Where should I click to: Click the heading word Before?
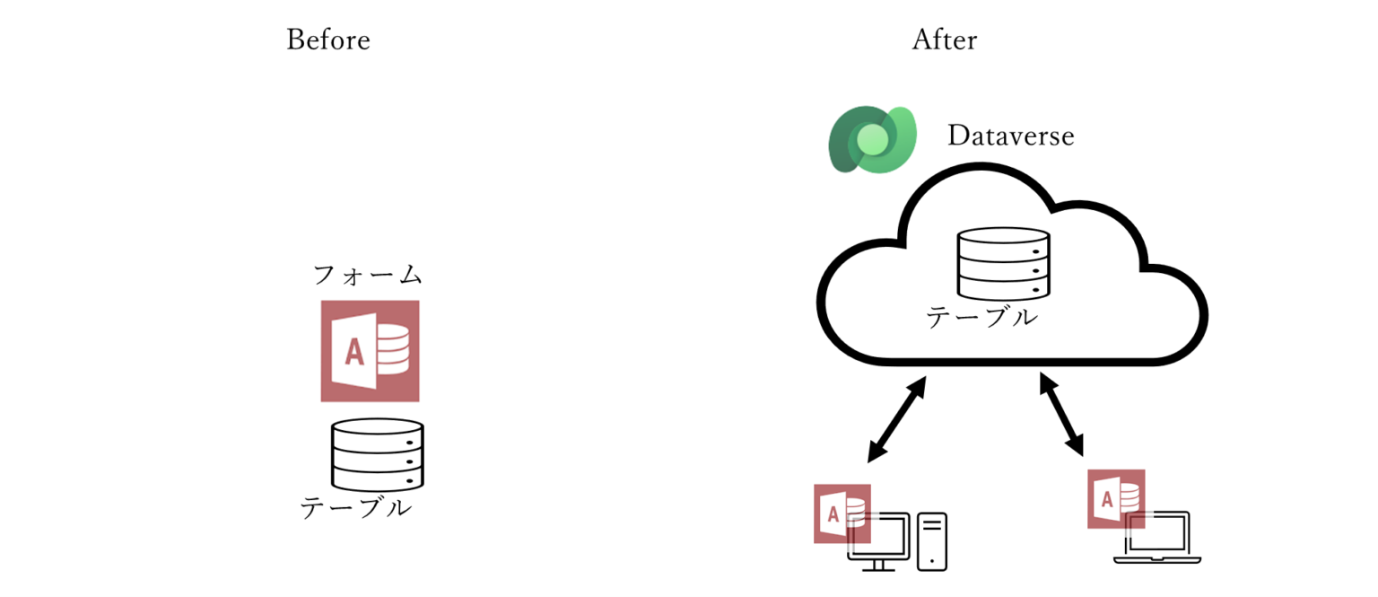pos(327,40)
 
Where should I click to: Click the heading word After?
pos(945,40)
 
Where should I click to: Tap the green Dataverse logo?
pos(871,139)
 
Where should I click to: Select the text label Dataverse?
pos(1010,136)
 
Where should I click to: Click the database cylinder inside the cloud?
pos(1002,263)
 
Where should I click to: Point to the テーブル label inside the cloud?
pos(981,317)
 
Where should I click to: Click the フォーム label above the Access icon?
pos(368,275)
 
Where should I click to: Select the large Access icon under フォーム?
pos(370,351)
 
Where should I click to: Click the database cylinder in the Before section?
pos(377,454)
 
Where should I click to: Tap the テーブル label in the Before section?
pos(355,508)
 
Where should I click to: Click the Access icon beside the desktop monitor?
pos(842,514)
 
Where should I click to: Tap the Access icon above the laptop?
pos(1115,498)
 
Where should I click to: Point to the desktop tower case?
pos(932,540)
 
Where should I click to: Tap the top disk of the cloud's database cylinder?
pos(1002,241)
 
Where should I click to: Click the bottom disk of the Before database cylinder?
pos(377,478)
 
